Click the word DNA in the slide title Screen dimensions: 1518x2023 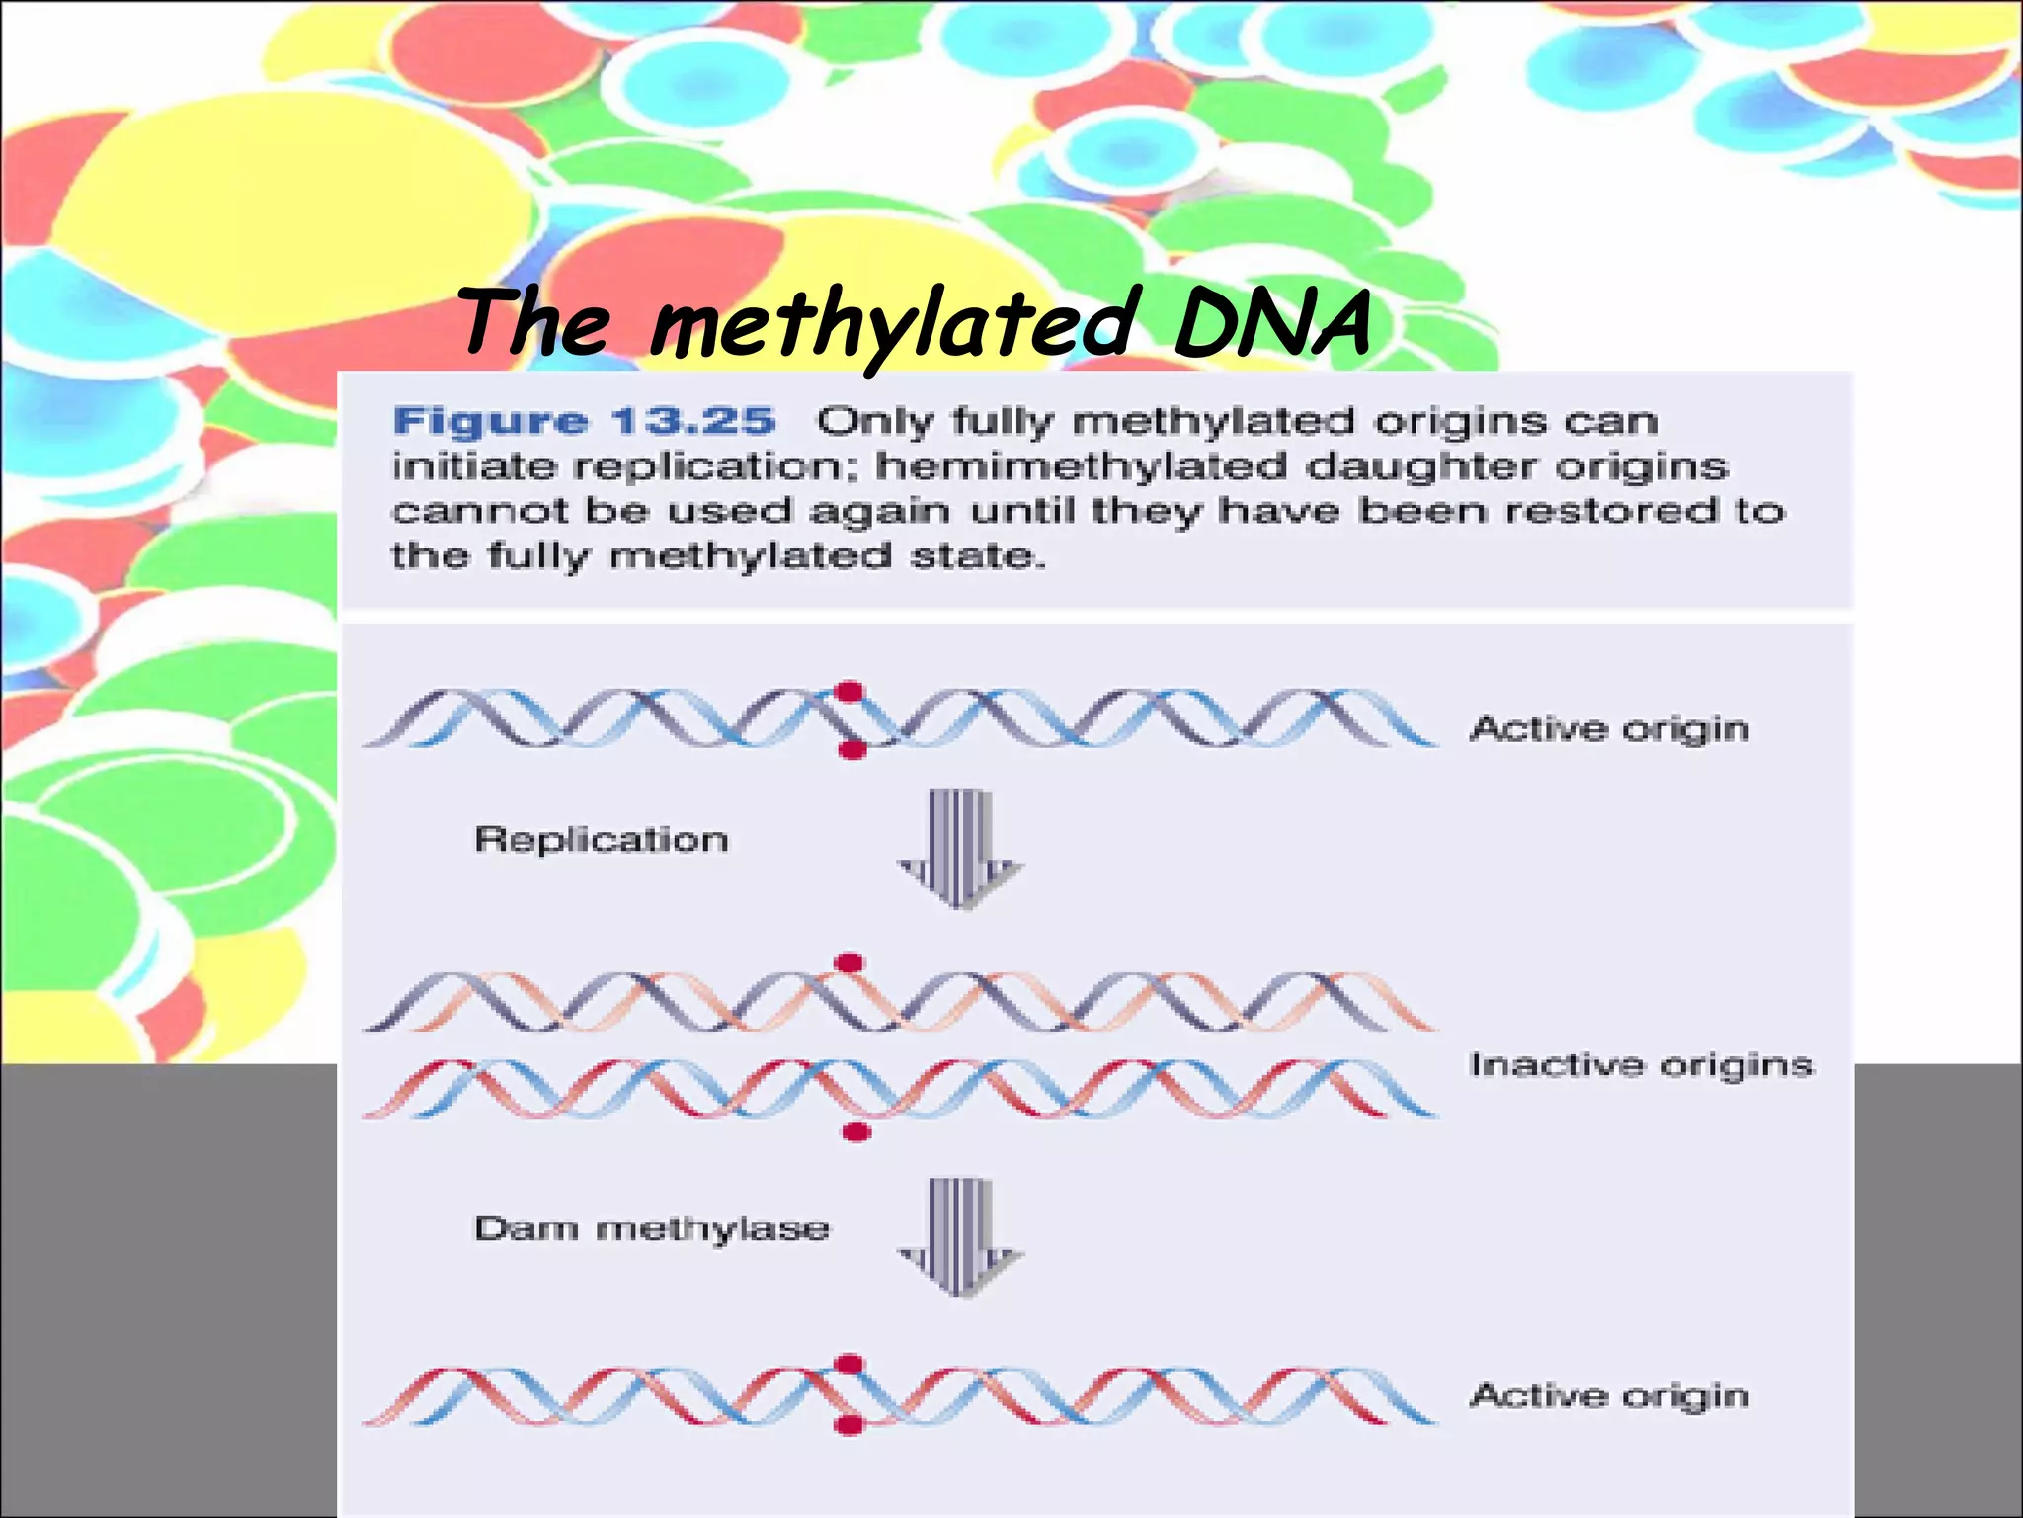1272,323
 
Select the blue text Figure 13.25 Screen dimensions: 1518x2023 584,422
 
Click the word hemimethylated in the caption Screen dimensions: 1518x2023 1082,466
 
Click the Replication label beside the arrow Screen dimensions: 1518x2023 602,840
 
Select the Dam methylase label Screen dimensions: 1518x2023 652,1229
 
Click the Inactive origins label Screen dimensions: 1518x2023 1641,1065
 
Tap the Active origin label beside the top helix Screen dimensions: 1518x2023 1609,729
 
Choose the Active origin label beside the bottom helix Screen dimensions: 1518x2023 1609,1395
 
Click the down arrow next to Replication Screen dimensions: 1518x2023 959,849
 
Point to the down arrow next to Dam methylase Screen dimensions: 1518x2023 959,1237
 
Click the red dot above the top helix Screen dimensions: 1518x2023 848,692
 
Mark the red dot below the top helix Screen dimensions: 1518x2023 851,751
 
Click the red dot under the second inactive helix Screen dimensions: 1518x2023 855,1132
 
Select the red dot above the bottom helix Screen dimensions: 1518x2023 849,1365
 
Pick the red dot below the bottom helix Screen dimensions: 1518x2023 848,1425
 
